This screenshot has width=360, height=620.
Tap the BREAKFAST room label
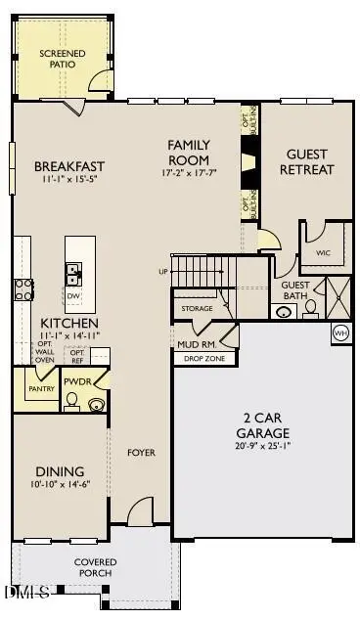click(69, 166)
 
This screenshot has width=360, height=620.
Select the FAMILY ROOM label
click(189, 152)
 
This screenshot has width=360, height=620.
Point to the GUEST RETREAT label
click(309, 161)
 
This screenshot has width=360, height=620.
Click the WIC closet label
click(324, 251)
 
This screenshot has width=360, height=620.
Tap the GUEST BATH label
click(296, 291)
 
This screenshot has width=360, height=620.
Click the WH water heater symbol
click(341, 332)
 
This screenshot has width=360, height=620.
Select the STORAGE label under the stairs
click(197, 309)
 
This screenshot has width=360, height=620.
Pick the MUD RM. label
click(196, 344)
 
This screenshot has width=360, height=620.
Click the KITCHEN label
click(68, 323)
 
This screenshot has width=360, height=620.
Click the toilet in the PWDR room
click(71, 400)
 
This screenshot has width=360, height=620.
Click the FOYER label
click(142, 453)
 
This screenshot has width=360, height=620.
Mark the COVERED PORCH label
click(96, 567)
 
